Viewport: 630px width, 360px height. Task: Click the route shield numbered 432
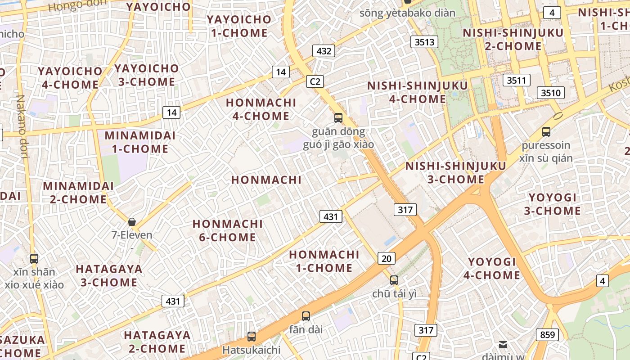pyautogui.click(x=324, y=51)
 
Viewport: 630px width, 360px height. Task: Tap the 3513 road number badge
pyautogui.click(x=424, y=42)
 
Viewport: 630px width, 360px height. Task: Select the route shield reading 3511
pyautogui.click(x=516, y=81)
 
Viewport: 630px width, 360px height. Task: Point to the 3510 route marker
pyautogui.click(x=551, y=93)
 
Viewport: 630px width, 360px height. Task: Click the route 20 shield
pyautogui.click(x=387, y=258)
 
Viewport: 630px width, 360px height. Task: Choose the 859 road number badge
pyautogui.click(x=547, y=335)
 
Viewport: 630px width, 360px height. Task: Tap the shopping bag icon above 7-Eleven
pyautogui.click(x=132, y=221)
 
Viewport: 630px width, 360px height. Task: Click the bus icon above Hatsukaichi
pyautogui.click(x=252, y=336)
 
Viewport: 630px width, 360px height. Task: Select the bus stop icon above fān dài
pyautogui.click(x=306, y=316)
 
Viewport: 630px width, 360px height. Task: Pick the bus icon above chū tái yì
pyautogui.click(x=394, y=280)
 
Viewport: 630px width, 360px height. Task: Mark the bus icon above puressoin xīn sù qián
pyautogui.click(x=546, y=132)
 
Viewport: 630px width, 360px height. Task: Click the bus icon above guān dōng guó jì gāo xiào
pyautogui.click(x=338, y=118)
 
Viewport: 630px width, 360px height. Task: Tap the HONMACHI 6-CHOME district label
pyautogui.click(x=228, y=230)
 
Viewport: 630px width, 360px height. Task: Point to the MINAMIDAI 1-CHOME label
pyautogui.click(x=140, y=142)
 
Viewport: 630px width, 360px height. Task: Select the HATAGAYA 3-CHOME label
pyautogui.click(x=109, y=276)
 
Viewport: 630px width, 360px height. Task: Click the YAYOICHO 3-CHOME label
pyautogui.click(x=146, y=75)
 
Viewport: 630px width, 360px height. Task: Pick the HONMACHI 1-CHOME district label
pyautogui.click(x=324, y=261)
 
